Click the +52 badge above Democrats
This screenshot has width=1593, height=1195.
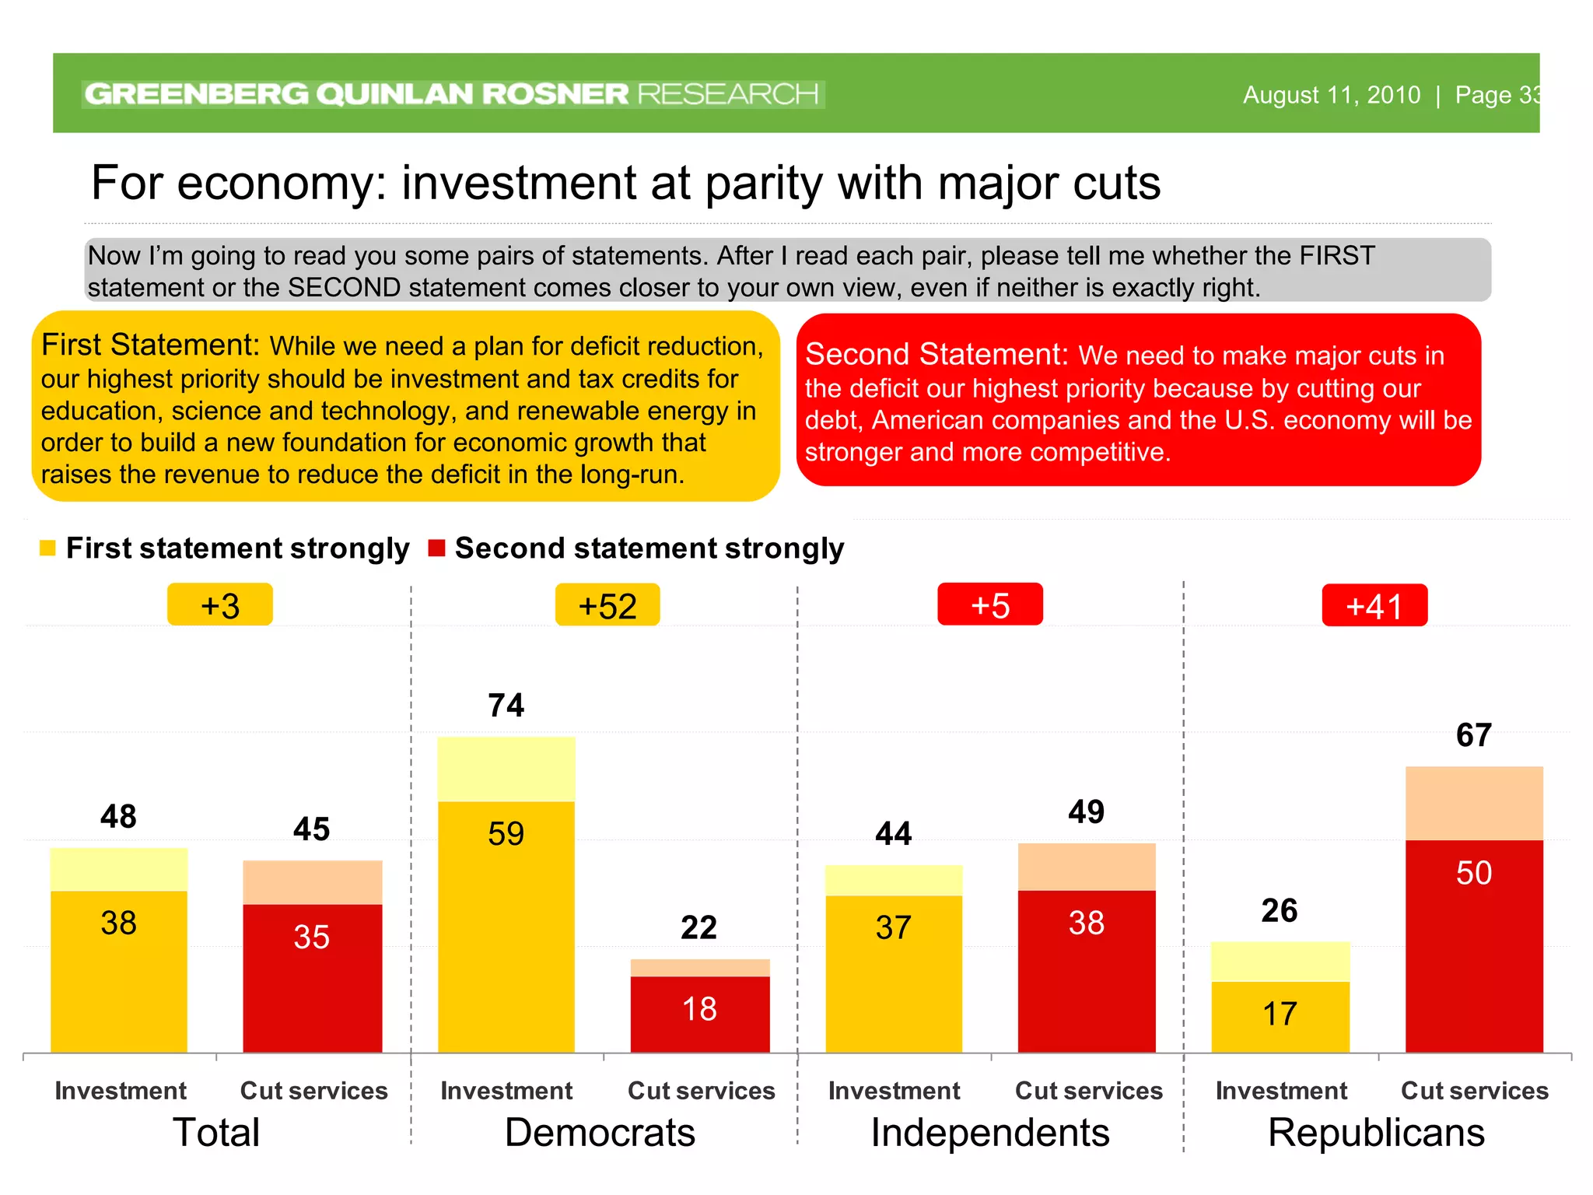[x=607, y=605]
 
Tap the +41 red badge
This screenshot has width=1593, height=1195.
[x=1374, y=605]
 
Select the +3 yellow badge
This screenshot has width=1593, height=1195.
[x=220, y=605]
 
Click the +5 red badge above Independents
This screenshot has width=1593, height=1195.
[x=990, y=605]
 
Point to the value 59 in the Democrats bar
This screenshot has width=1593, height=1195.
[x=506, y=834]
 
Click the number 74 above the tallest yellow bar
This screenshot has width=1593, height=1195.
[x=506, y=706]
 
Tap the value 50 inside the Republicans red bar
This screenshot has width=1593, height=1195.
[x=1474, y=873]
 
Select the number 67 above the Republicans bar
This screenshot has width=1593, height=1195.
[x=1474, y=735]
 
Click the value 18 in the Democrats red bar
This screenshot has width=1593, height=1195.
[x=699, y=1009]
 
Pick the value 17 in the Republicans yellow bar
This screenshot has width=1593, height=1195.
[x=1280, y=1014]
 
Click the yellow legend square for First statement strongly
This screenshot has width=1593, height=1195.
[x=47, y=548]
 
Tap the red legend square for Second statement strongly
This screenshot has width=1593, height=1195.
[x=436, y=548]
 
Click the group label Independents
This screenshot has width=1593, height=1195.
[x=990, y=1133]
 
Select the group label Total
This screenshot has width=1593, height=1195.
[x=216, y=1133]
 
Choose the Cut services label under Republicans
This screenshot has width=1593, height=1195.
[x=1474, y=1091]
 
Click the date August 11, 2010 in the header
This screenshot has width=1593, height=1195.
[x=1331, y=95]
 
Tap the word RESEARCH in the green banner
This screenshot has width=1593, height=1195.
[x=728, y=94]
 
